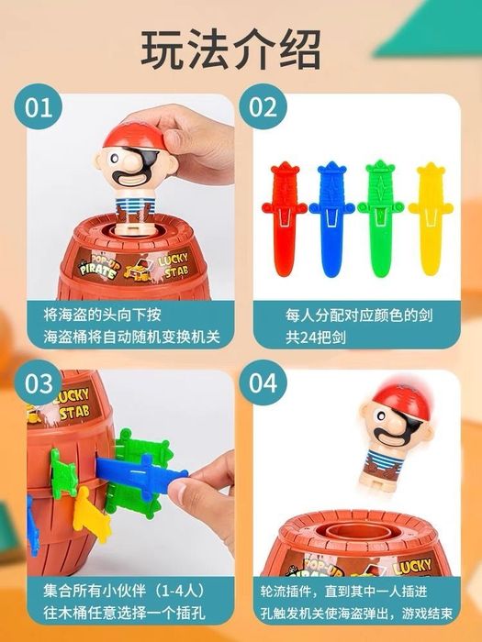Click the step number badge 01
(x=39, y=107)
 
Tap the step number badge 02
(x=263, y=107)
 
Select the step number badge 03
(x=39, y=383)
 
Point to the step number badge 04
(x=263, y=383)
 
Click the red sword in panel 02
(x=284, y=218)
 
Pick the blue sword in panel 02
(x=332, y=219)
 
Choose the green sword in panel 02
(x=381, y=219)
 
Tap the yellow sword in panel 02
(x=431, y=218)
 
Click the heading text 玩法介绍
(x=231, y=50)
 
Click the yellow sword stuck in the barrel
(x=91, y=515)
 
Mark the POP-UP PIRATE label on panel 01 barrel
(x=97, y=265)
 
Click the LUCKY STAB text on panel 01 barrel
(x=174, y=264)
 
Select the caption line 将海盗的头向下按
(x=103, y=315)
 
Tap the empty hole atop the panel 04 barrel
(x=357, y=533)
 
